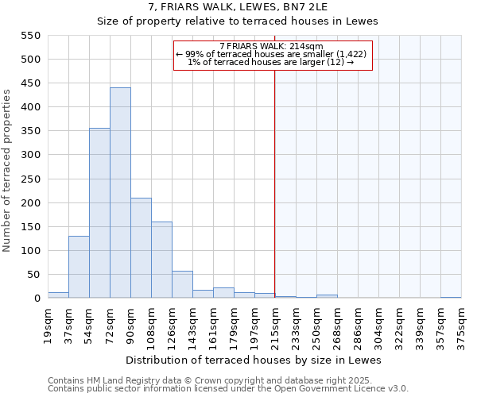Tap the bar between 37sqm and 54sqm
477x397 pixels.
[79, 267]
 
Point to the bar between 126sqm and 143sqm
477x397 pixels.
[182, 284]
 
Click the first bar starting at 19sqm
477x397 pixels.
[58, 295]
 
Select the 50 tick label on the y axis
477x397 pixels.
[33, 275]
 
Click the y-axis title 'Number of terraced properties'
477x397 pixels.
[7, 171]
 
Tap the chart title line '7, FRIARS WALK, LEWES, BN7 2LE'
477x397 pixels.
[238, 6]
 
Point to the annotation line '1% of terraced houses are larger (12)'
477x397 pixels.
[271, 62]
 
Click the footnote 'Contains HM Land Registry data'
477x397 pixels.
[119, 380]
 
